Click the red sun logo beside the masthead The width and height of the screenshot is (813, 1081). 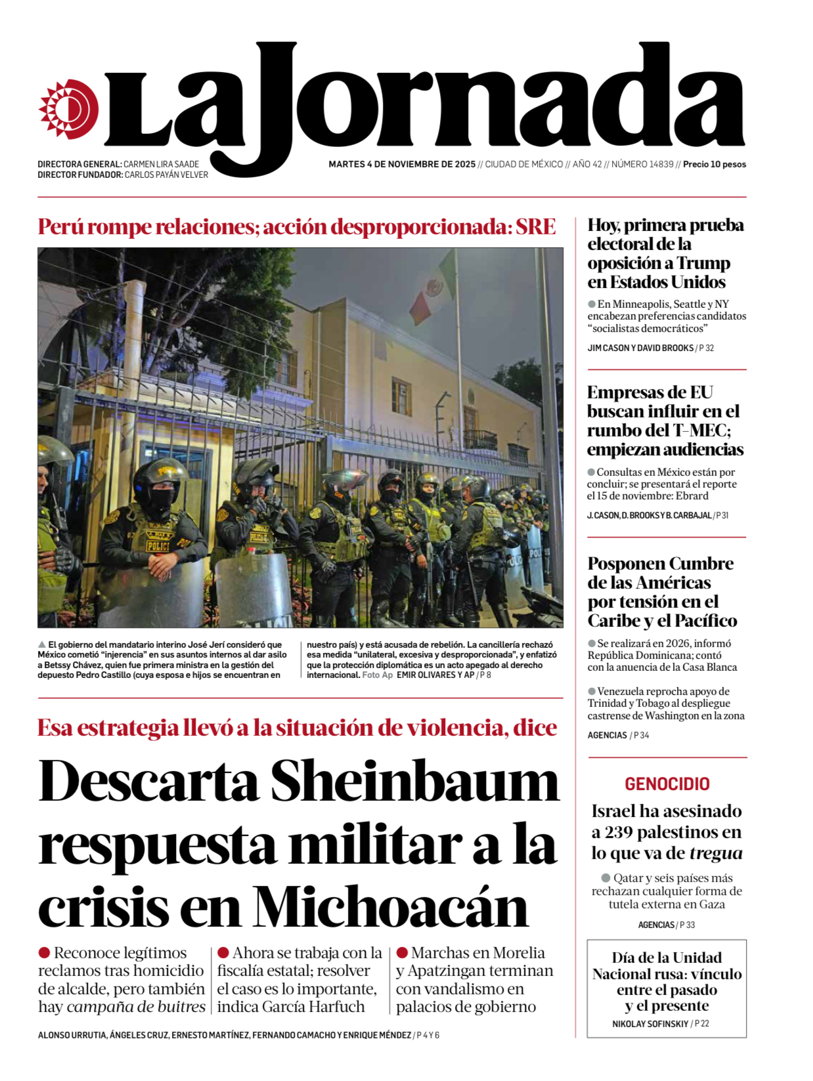68,109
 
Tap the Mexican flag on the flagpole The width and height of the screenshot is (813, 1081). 433,289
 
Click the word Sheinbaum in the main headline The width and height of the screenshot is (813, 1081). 414,782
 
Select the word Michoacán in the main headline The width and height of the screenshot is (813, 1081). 391,908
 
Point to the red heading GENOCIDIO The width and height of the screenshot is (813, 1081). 667,784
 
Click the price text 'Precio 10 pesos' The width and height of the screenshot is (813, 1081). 714,164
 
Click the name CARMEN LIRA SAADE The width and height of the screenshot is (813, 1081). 161,164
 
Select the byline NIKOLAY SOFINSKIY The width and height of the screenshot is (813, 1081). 650,1024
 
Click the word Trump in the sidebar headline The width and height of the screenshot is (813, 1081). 703,263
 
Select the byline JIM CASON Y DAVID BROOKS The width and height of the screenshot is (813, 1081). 640,348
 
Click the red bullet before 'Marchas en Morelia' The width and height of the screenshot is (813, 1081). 402,952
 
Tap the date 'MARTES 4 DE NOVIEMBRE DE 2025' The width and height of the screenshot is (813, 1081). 402,164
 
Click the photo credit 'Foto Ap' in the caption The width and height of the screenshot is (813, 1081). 378,675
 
